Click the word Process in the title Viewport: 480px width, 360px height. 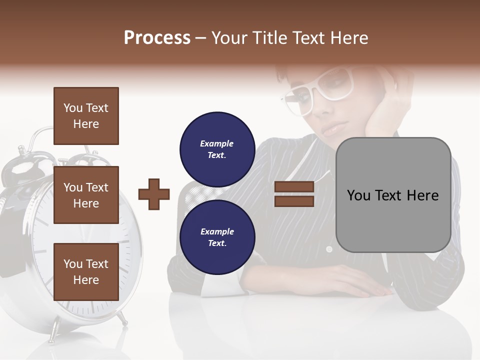click(157, 38)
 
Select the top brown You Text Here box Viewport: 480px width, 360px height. click(86, 116)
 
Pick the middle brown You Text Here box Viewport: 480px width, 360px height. click(86, 195)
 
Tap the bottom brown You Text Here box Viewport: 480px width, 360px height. click(86, 272)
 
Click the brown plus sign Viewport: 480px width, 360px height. click(154, 194)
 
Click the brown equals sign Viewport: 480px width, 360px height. click(294, 194)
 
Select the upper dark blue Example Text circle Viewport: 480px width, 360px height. click(217, 149)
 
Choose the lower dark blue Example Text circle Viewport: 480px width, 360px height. click(217, 237)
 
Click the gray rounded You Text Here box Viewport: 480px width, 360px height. click(393, 195)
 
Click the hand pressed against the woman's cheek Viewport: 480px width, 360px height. click(385, 112)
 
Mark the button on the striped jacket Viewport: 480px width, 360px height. click(328, 248)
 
